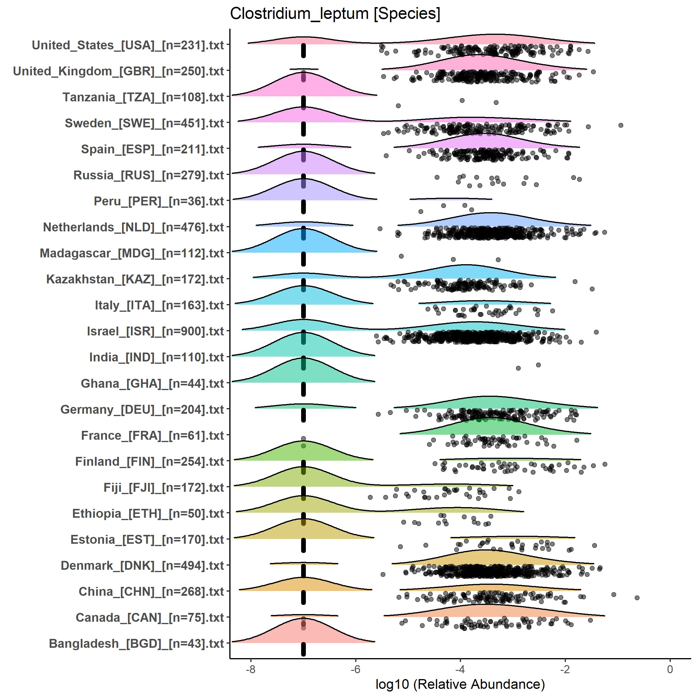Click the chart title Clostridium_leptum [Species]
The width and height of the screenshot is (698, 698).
tap(335, 14)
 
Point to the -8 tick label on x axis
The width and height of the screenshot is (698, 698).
tap(250, 669)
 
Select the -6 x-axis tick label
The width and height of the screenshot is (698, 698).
tap(356, 669)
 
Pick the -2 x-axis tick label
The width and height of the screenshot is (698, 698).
tap(565, 669)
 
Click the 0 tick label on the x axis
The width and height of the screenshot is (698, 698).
tap(670, 669)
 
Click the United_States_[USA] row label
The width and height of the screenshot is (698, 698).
tap(128, 45)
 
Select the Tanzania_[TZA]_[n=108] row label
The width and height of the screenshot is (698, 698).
tap(143, 97)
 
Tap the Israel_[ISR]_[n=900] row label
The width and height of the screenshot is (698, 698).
tap(155, 331)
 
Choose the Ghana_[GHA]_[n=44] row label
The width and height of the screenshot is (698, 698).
tap(152, 383)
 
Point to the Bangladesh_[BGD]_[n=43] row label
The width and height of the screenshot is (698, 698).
tap(136, 643)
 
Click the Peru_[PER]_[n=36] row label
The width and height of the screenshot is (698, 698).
tap(159, 201)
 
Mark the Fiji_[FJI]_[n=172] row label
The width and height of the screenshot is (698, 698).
tap(164, 487)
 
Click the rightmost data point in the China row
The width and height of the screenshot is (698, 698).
tap(637, 598)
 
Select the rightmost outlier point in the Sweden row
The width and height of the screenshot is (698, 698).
tap(621, 125)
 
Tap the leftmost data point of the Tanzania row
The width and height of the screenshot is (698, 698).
tap(398, 106)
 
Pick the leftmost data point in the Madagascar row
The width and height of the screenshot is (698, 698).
tap(401, 256)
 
